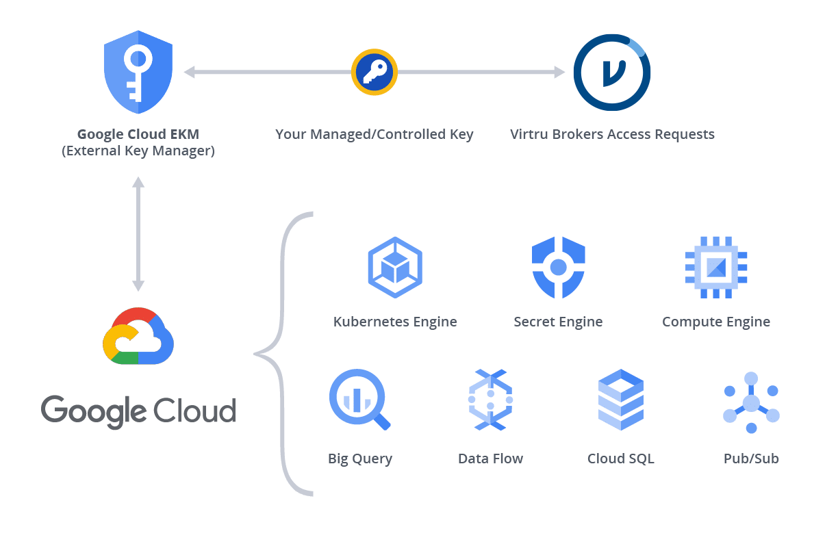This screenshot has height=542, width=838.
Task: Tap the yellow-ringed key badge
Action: point(374,71)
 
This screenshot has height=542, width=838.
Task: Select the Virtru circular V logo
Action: point(611,72)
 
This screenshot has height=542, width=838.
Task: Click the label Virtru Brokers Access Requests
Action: point(612,134)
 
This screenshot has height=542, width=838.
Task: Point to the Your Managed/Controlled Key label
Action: point(374,134)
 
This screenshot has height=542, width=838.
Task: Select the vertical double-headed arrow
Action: point(138,233)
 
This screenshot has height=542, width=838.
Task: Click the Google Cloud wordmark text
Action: point(138,411)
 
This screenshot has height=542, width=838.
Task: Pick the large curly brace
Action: point(284,354)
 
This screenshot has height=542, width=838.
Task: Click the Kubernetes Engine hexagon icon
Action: point(394,267)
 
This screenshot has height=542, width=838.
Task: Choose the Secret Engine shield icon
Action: point(559,267)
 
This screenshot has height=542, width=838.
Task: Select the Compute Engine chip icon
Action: point(716,267)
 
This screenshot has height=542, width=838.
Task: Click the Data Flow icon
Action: point(490,400)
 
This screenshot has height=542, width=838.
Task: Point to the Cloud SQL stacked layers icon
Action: point(620,400)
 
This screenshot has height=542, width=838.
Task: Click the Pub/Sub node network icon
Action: point(751,402)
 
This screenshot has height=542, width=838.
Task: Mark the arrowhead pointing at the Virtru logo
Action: point(559,72)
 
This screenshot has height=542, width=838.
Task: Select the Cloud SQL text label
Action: point(620,459)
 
